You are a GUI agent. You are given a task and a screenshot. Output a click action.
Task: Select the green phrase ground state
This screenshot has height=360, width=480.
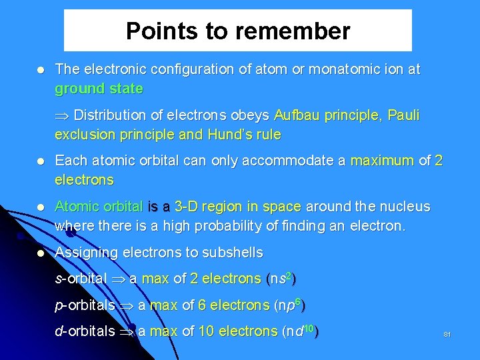pos(99,89)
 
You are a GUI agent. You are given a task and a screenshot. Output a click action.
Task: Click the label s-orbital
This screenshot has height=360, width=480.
pos(81,279)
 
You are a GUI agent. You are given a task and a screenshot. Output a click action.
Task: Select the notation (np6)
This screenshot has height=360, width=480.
pos(291,305)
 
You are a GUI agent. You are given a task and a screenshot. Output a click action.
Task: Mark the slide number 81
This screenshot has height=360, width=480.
pos(447,334)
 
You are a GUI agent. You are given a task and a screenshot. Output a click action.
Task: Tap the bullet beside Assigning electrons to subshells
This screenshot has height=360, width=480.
pos(41,253)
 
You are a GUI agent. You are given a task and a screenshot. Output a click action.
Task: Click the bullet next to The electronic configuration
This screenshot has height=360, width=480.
pos(41,70)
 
